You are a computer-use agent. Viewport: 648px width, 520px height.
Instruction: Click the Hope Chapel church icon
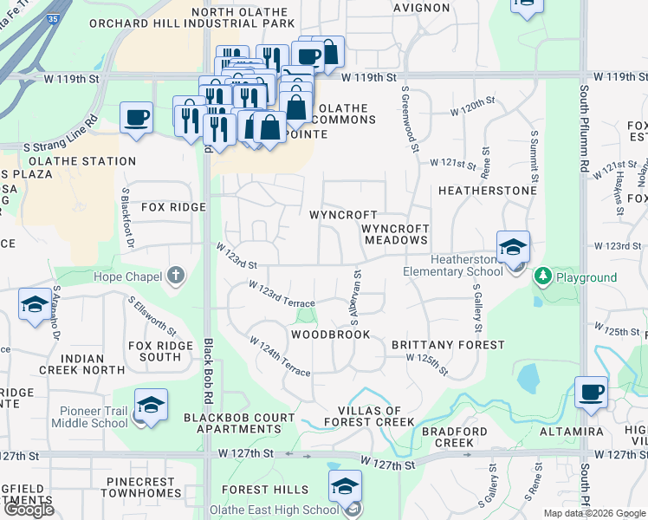[176, 276]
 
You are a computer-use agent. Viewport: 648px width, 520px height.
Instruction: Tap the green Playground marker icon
[543, 277]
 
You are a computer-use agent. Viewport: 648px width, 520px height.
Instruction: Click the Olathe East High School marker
[345, 486]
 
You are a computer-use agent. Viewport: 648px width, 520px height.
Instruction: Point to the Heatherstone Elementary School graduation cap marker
[513, 247]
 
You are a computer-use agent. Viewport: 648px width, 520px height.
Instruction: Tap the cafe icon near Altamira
[592, 392]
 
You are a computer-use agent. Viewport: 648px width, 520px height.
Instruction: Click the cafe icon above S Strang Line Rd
[136, 117]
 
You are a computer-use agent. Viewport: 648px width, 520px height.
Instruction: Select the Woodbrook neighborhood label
[331, 335]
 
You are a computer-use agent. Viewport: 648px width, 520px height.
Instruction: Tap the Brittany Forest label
[448, 345]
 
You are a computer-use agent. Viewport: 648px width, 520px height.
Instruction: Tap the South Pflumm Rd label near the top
[585, 130]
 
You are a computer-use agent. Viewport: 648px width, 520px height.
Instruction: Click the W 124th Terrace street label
[280, 357]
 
